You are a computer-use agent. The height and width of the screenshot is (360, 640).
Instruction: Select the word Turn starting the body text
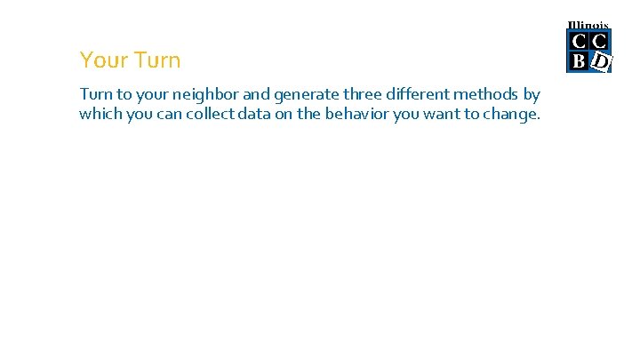coord(95,94)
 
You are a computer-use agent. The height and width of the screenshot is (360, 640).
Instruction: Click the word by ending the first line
coord(532,94)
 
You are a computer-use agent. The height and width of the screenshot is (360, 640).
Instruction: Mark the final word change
coord(513,114)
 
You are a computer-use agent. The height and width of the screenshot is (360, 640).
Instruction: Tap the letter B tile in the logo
coord(579,61)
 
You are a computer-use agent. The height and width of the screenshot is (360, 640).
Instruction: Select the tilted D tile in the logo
coord(601,61)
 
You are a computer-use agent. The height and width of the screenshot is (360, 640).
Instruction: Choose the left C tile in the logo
coord(579,41)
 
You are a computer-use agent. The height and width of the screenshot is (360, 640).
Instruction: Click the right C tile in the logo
coord(600,41)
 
